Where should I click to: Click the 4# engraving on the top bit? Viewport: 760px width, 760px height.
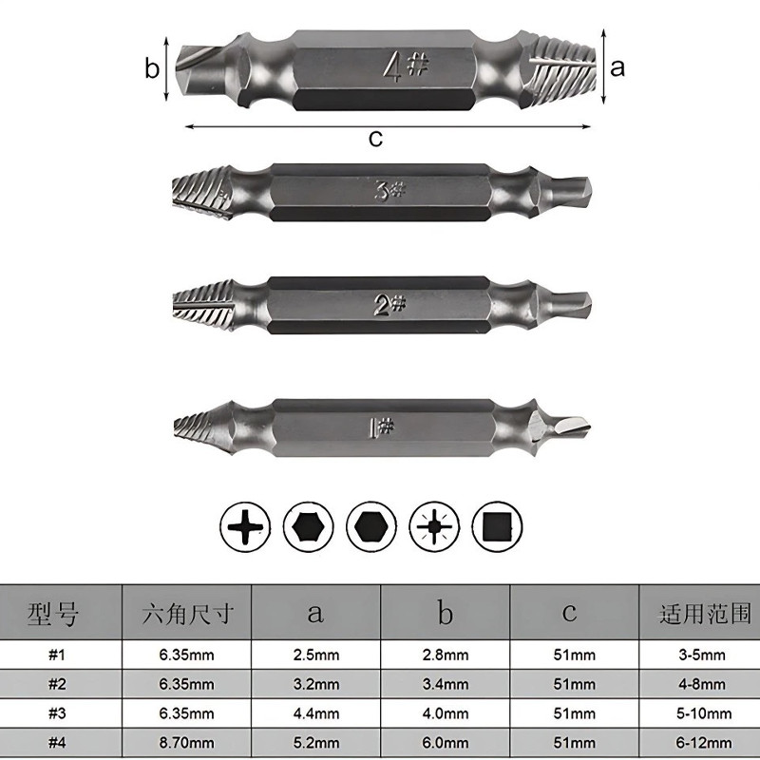click(407, 66)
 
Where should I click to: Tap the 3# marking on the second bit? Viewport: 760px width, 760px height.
click(389, 191)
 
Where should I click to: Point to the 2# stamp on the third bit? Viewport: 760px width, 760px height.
click(389, 305)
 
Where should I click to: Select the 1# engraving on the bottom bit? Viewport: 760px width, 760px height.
click(382, 427)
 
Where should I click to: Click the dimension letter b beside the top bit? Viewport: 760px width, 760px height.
click(152, 67)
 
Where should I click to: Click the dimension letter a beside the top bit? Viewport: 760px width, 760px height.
click(617, 67)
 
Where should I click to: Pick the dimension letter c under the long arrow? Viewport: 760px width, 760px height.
click(375, 138)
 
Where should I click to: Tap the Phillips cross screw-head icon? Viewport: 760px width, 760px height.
click(245, 527)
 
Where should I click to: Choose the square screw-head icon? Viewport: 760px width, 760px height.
click(497, 527)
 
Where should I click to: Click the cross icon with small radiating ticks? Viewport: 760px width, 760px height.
click(434, 527)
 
